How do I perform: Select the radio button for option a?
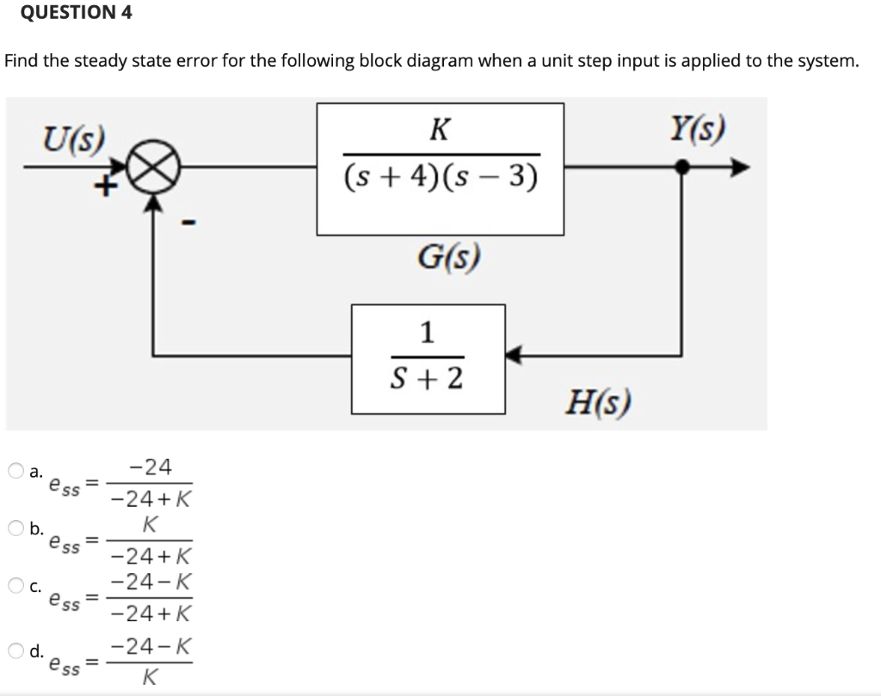16,471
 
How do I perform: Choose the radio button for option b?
16,528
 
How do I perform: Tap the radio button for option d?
16,650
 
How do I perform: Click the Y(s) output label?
696,131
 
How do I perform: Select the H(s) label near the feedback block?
600,401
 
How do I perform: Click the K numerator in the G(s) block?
440,131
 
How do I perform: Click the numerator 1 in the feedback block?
428,332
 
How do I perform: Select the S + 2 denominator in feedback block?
428,376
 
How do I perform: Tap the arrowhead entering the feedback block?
514,354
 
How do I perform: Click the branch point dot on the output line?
682,169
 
